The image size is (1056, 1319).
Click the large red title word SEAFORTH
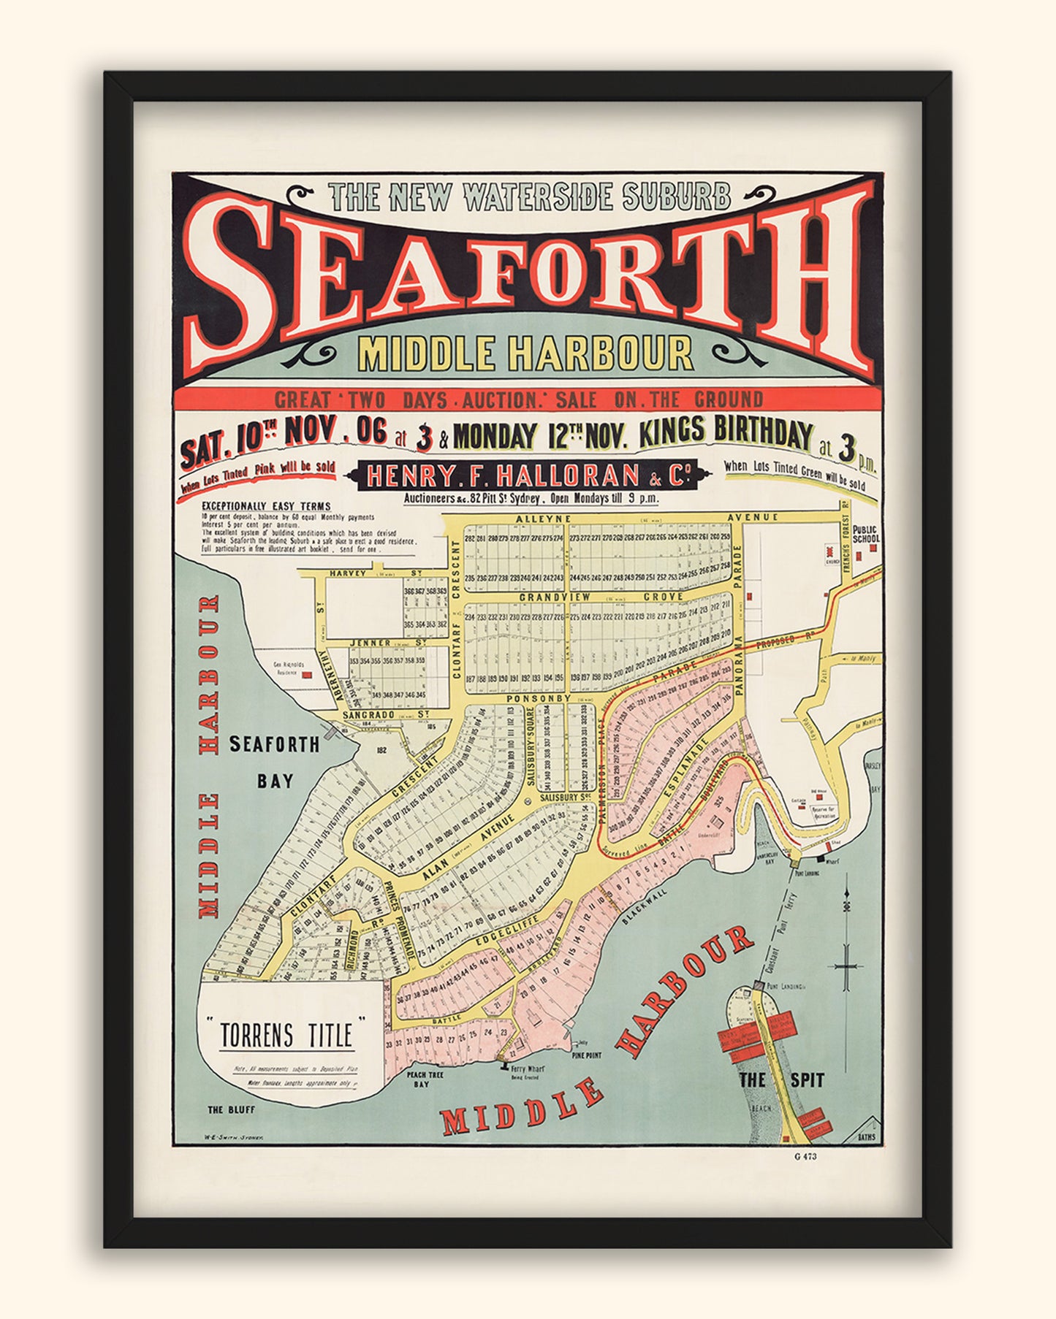coord(528,278)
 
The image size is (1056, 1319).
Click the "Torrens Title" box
coord(286,1034)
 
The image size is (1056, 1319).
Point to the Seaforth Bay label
coord(274,762)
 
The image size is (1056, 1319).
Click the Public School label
coord(865,533)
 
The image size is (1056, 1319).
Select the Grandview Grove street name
coord(601,597)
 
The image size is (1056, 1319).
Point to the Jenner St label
coord(378,643)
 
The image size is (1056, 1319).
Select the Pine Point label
coord(587,1055)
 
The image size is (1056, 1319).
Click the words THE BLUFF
coord(231,1109)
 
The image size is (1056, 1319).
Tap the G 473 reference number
coord(805,1156)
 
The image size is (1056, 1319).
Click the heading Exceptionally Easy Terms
coord(266,506)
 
